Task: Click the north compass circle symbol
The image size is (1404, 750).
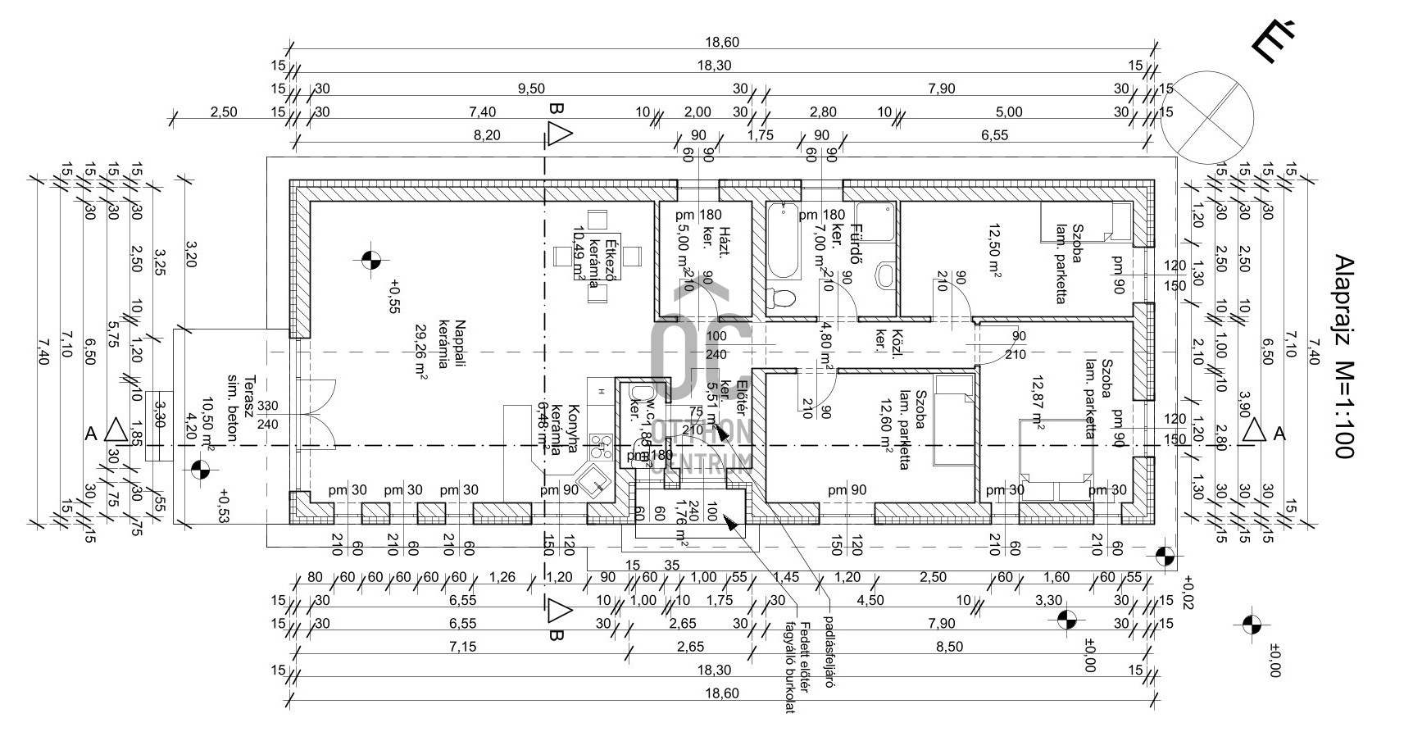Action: tap(1207, 117)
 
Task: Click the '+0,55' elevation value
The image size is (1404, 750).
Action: tap(394, 297)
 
